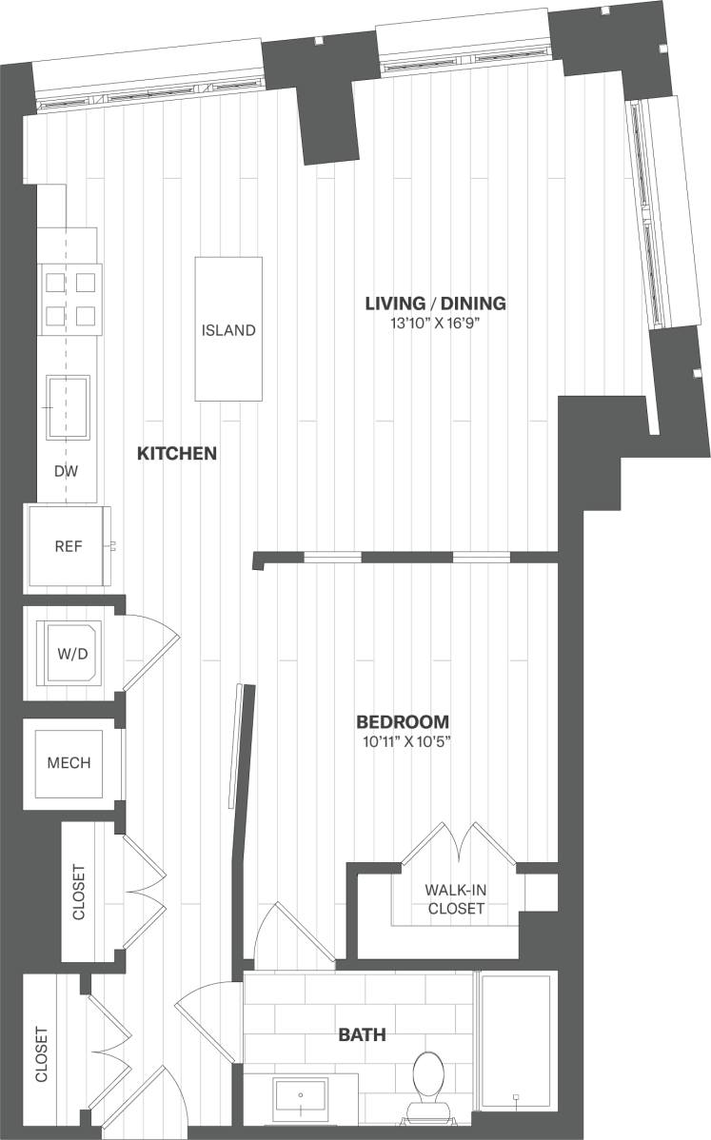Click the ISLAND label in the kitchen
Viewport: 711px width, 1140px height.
point(228,330)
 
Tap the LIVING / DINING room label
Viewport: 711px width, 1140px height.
point(435,304)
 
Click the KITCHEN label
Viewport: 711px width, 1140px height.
point(177,454)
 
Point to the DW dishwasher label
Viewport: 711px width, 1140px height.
point(65,471)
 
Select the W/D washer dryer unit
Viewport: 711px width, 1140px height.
point(70,653)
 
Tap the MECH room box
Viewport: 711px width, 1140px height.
point(69,763)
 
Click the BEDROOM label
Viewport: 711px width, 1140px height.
point(403,721)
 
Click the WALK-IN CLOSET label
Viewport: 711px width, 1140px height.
point(455,899)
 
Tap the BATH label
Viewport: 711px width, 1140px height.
point(363,1034)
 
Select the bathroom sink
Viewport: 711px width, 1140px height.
point(301,1100)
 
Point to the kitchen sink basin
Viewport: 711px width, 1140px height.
point(69,406)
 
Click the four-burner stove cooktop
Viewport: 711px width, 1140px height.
point(71,298)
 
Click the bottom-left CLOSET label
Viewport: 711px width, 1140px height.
point(41,1054)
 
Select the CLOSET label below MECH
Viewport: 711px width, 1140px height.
point(78,891)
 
